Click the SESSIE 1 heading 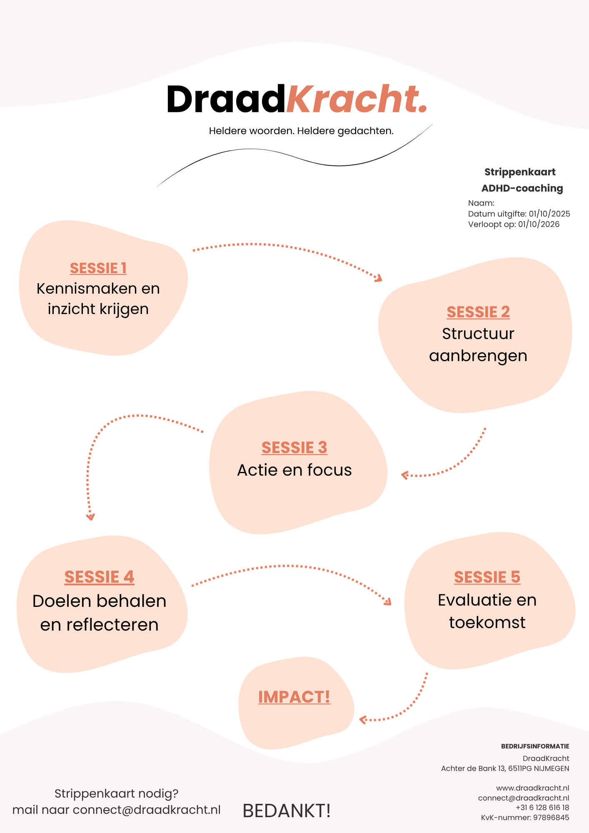tap(98, 268)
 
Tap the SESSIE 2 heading tap(478, 312)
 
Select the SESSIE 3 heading tap(294, 448)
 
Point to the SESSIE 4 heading tap(99, 577)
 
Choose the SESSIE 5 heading tap(487, 577)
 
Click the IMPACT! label tap(294, 697)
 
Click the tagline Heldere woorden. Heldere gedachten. tap(301, 131)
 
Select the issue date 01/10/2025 tap(549, 214)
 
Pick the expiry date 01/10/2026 tap(539, 224)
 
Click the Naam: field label tap(481, 203)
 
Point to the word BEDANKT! tap(287, 811)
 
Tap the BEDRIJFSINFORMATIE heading tap(535, 746)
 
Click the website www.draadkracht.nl tap(532, 788)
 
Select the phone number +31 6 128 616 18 tap(542, 808)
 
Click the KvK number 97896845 tap(551, 818)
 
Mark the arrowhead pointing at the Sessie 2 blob tap(379, 278)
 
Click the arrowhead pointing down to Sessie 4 tap(90, 517)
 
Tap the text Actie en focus tap(294, 470)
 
